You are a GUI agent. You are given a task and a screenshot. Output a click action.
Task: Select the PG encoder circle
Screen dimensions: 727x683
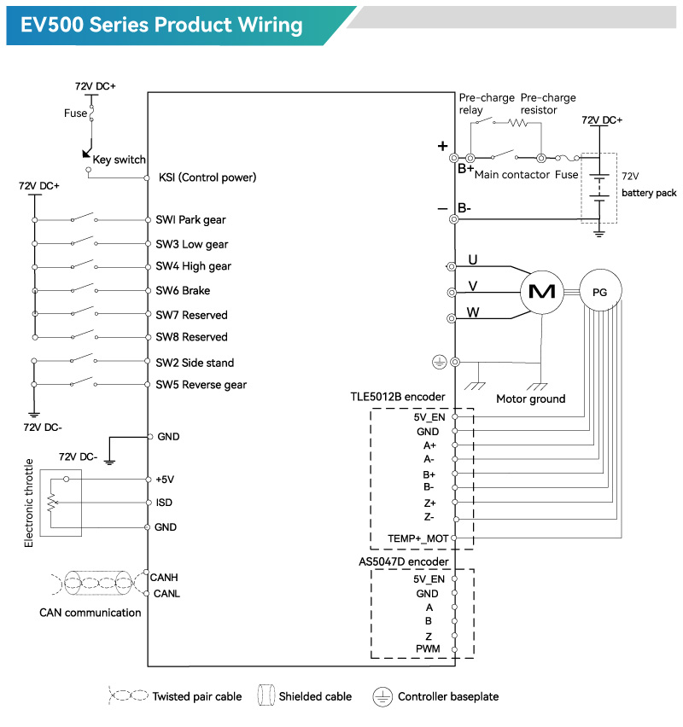599,292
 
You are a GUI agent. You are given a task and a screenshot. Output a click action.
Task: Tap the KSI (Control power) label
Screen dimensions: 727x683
207,178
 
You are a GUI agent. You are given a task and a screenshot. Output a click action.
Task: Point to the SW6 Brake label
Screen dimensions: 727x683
183,291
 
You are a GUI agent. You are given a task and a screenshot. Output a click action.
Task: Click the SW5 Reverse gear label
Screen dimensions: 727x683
201,385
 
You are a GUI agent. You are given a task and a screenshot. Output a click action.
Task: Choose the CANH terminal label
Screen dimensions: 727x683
163,578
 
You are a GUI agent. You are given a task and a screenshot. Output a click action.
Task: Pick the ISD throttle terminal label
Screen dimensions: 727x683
164,503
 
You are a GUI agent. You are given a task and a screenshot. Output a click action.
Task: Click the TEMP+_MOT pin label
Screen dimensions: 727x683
417,538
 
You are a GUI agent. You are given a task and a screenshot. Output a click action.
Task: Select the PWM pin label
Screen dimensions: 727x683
428,649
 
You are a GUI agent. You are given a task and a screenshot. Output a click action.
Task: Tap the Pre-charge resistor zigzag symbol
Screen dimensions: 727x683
519,123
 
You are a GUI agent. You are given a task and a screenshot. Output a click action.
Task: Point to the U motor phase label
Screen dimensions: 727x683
472,259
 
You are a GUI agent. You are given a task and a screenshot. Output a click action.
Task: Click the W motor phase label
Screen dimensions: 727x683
472,312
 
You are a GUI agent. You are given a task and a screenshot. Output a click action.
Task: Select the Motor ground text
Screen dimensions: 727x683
530,398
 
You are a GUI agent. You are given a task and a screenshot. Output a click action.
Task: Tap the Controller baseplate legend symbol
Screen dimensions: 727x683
382,696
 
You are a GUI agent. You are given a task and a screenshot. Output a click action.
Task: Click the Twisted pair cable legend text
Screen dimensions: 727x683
196,696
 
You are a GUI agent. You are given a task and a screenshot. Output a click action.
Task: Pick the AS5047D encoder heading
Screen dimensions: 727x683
403,562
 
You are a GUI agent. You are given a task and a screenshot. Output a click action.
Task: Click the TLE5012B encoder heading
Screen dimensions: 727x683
397,398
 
